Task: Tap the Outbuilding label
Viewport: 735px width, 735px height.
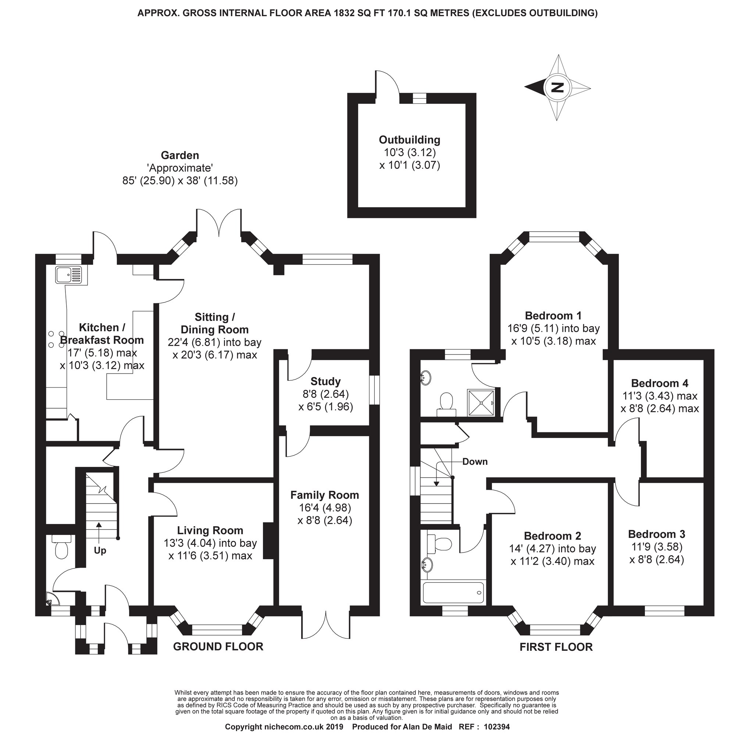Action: [409, 140]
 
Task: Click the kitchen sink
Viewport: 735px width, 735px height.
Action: [68, 275]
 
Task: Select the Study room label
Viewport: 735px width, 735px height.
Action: [325, 381]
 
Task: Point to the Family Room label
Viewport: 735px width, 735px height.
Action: [325, 495]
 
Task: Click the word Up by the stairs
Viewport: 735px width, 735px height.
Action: [100, 550]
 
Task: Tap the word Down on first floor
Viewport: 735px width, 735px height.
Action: [475, 461]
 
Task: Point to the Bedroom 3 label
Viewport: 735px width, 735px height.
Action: [656, 534]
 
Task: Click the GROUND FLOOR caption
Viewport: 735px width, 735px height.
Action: [218, 646]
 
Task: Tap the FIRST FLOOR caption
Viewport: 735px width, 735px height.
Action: [556, 647]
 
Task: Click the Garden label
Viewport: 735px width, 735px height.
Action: [180, 155]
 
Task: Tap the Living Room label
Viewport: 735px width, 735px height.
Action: [210, 530]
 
